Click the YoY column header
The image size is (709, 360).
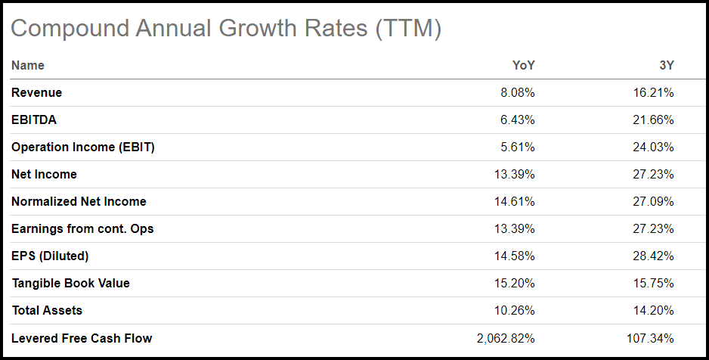pos(523,66)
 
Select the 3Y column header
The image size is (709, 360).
pos(666,66)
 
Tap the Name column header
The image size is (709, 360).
pos(28,66)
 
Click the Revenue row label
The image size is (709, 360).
pos(37,93)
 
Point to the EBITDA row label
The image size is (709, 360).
pos(34,120)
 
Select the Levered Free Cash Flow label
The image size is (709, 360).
pos(82,338)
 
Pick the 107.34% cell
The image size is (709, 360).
pos(649,338)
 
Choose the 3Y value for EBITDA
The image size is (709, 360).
pos(652,120)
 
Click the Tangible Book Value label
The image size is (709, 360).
pos(71,284)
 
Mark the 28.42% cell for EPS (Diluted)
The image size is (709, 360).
pos(652,256)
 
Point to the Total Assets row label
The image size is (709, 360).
pos(47,311)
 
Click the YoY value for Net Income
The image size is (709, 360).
pos(513,175)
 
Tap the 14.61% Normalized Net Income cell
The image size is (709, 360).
pos(513,202)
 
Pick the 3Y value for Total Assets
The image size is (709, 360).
pos(652,311)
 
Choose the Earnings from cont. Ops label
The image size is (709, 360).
pos(82,229)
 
